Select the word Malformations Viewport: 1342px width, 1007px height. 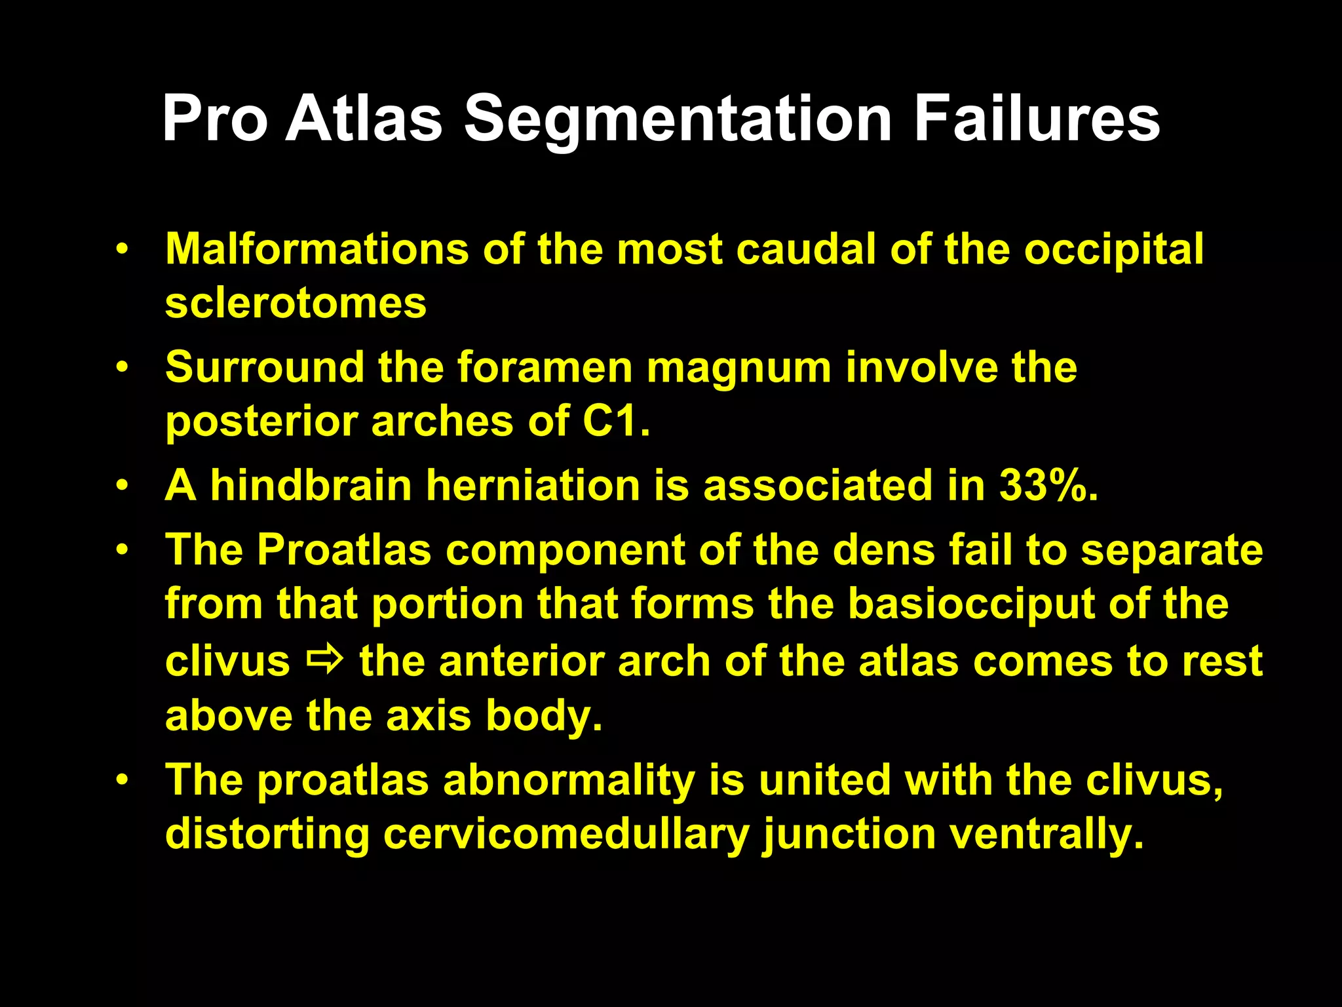[317, 249]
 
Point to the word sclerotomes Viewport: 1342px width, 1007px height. [296, 303]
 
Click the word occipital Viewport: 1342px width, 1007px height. [1113, 250]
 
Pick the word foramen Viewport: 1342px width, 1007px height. [545, 367]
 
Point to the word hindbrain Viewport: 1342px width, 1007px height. [311, 486]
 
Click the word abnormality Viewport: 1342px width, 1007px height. [569, 781]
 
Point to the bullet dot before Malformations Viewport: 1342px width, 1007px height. [121, 250]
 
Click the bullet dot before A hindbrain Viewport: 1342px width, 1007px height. [121, 486]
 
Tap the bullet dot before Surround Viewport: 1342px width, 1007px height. [121, 368]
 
